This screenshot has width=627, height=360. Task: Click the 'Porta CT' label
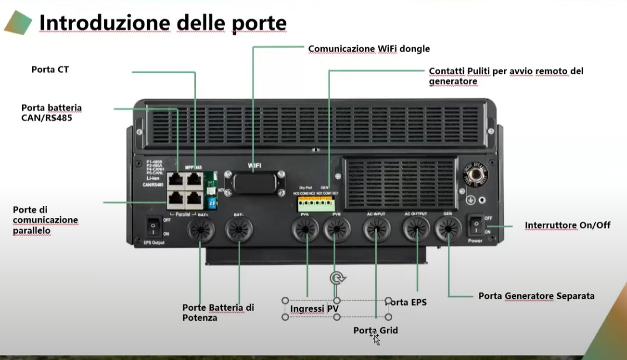(x=50, y=69)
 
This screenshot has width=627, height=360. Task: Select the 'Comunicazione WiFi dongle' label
(x=369, y=49)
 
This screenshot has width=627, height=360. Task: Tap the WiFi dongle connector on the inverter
(x=253, y=181)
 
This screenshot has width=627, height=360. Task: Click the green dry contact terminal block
(x=316, y=202)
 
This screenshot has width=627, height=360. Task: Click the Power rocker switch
(x=476, y=225)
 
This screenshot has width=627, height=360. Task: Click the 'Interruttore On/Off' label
(x=567, y=225)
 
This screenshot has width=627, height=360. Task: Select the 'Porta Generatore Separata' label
(x=536, y=296)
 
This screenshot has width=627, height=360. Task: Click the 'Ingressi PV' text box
(x=315, y=308)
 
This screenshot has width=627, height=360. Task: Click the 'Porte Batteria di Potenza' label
(x=218, y=312)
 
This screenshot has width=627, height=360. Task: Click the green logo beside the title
(x=18, y=23)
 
